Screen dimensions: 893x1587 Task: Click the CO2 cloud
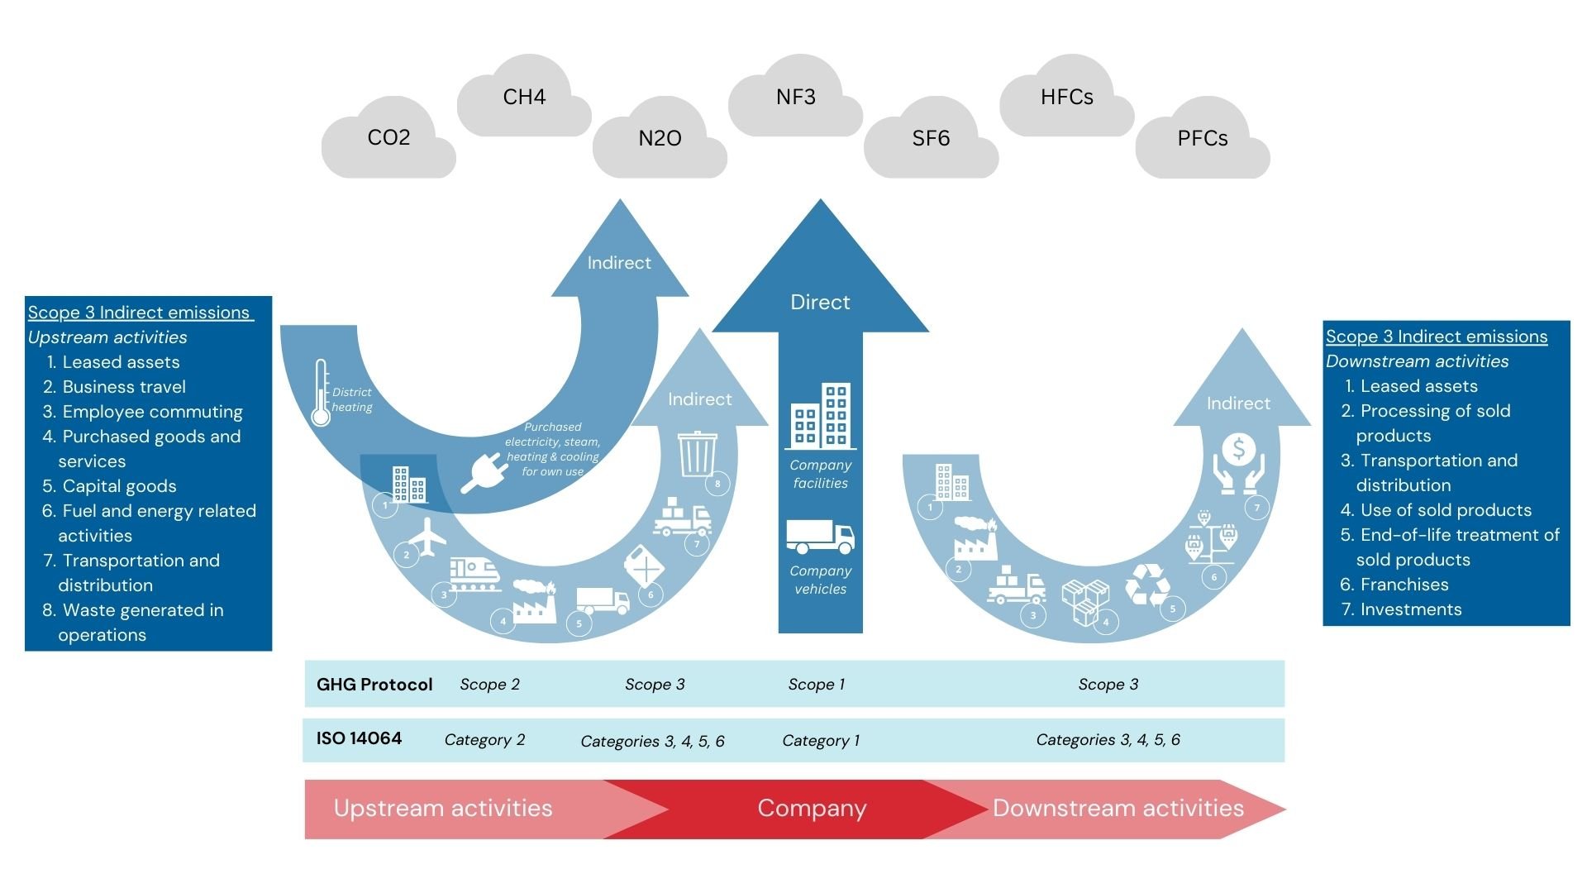[388, 138]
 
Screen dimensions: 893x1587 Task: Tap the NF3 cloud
[795, 98]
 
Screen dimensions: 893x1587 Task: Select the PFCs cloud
[1202, 139]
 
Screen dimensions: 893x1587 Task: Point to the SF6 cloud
[931, 139]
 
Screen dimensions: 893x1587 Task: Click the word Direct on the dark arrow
[820, 303]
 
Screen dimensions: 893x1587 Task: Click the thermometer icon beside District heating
[321, 394]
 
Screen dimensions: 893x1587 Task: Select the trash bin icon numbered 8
[698, 453]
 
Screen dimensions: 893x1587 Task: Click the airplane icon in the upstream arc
[427, 537]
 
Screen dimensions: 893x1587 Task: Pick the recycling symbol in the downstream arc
[1147, 585]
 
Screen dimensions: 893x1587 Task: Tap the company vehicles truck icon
[820, 537]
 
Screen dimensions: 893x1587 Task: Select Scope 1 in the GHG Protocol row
[816, 685]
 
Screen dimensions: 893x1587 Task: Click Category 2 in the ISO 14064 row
[484, 740]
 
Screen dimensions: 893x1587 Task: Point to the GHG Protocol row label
[374, 685]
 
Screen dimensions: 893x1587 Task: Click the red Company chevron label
[812, 809]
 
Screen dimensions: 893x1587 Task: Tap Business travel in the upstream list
[124, 387]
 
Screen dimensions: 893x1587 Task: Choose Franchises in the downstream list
[1404, 585]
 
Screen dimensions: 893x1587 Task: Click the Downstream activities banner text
[1118, 809]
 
